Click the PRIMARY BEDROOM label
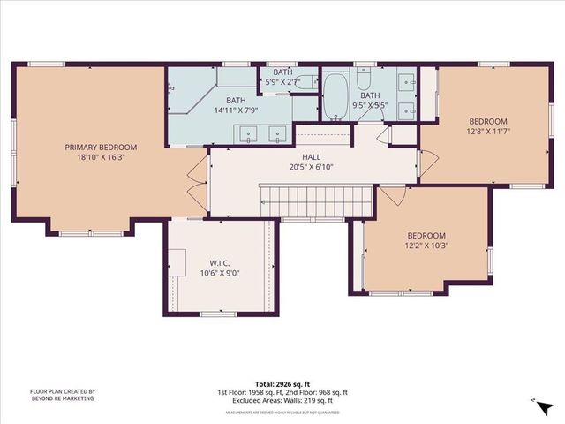[101, 148]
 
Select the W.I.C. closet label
[220, 262]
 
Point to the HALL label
[310, 155]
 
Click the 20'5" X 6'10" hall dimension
[310, 166]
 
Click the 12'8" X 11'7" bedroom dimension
[487, 132]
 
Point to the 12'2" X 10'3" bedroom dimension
[426, 246]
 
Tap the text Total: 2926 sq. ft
[283, 384]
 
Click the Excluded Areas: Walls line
[282, 400]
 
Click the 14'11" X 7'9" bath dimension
[235, 110]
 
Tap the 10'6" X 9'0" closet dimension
[220, 273]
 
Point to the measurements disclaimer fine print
[283, 412]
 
